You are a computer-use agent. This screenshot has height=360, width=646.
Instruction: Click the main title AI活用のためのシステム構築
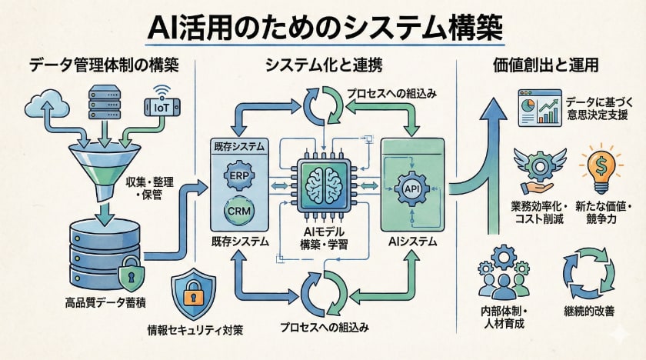pos(323,26)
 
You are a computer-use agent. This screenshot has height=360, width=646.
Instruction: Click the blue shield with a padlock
pos(190,297)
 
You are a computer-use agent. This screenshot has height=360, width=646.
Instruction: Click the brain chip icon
pos(323,188)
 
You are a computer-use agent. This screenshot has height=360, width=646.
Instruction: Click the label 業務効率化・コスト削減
pos(538,214)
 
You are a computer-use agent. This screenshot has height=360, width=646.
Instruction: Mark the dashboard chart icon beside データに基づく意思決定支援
pos(535,108)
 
